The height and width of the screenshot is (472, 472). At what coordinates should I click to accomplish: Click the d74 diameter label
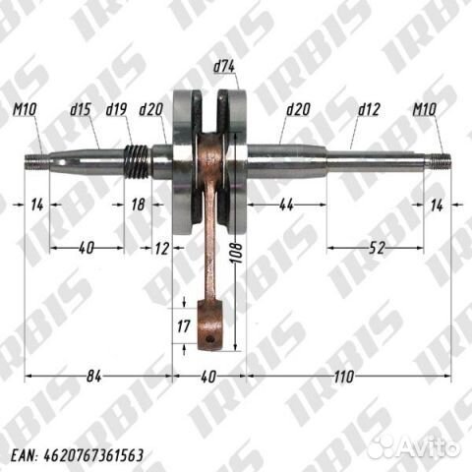(x=224, y=67)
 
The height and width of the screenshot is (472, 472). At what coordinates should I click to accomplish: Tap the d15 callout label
(x=80, y=109)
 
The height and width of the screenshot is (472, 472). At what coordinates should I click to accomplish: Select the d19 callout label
(x=116, y=109)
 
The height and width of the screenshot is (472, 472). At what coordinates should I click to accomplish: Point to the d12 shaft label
(x=369, y=109)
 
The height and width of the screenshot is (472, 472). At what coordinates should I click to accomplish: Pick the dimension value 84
(x=94, y=377)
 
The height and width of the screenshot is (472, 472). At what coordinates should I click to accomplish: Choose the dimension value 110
(x=344, y=377)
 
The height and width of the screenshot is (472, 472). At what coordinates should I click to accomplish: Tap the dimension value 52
(x=377, y=248)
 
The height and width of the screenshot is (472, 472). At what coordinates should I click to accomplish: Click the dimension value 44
(x=286, y=205)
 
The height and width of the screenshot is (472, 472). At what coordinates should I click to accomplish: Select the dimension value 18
(x=138, y=205)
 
